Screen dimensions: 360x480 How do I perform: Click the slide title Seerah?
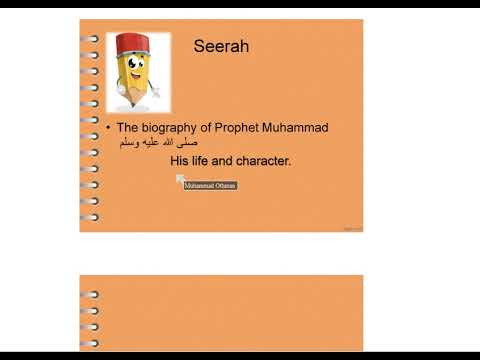pyautogui.click(x=220, y=46)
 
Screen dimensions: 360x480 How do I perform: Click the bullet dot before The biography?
pyautogui.click(x=108, y=129)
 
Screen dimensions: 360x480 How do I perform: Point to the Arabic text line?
pyautogui.click(x=152, y=143)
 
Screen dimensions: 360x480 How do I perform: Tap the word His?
pyautogui.click(x=179, y=160)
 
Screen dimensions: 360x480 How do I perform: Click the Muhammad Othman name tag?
pyautogui.click(x=211, y=186)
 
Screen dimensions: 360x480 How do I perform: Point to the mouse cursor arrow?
pyautogui.click(x=180, y=179)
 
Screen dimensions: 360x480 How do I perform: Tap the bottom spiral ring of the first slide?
pyautogui.click(x=91, y=216)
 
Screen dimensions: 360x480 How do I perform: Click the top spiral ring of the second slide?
pyautogui.click(x=91, y=294)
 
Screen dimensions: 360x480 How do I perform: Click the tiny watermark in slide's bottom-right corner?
pyautogui.click(x=352, y=229)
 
